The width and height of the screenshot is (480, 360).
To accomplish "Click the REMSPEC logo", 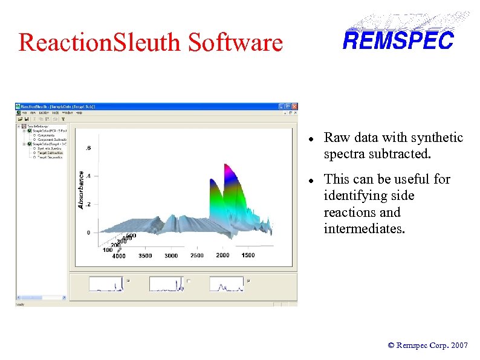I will (398, 40).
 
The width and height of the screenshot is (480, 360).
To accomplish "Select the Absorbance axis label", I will (82, 190).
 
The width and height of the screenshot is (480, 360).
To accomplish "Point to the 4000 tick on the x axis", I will (118, 256).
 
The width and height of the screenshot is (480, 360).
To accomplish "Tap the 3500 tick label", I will (145, 256).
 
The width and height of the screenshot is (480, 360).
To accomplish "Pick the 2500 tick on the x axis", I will (197, 256).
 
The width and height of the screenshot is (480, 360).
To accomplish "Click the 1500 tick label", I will (248, 255).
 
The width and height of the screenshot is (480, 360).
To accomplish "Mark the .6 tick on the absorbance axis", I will (89, 148).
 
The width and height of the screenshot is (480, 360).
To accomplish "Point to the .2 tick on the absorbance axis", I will (89, 204).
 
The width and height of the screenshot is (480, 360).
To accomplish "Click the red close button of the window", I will (294, 106).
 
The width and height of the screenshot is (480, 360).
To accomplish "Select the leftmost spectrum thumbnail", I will (106, 283).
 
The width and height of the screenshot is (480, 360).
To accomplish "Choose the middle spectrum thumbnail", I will (166, 283).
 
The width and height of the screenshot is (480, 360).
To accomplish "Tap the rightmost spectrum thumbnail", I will (227, 283).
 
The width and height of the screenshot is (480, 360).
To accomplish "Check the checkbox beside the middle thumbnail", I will (189, 280).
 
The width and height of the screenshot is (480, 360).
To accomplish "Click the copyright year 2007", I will (458, 346).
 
